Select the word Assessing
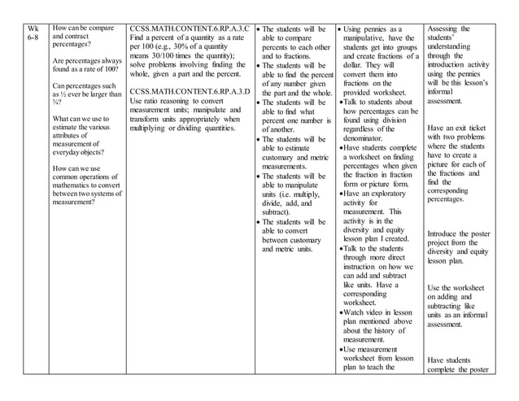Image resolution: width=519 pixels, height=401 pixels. pyautogui.click(x=447, y=29)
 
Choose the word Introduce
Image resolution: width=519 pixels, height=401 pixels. pyautogui.click(x=447, y=233)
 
